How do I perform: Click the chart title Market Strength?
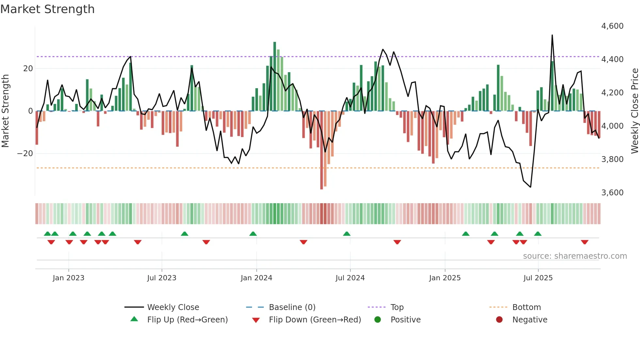coord(47,9)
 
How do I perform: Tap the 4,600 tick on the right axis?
coord(612,26)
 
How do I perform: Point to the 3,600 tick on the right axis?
coord(612,193)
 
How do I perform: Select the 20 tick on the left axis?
coord(28,69)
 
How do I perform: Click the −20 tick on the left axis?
coord(25,154)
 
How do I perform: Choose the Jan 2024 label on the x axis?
coord(256,278)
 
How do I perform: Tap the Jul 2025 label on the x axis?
coord(538,278)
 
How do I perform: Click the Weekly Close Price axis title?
coord(634,111)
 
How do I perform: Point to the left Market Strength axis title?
coord(5,111)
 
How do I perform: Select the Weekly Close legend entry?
coord(173,307)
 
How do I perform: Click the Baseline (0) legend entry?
coord(292,307)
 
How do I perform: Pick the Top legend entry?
coord(397,307)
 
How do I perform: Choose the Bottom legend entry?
coord(526,307)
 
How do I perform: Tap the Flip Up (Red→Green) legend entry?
coord(187,320)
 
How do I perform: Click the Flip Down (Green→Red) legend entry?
coord(315,320)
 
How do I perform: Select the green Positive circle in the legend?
coord(378,320)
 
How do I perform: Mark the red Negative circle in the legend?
coord(499,320)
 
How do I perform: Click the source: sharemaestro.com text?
coord(575,256)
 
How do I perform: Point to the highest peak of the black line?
coord(552,35)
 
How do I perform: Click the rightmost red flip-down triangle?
coord(584,242)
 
